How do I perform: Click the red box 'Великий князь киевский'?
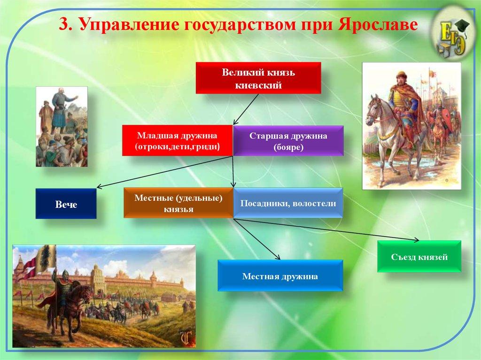point(258,78)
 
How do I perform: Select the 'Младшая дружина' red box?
point(177,140)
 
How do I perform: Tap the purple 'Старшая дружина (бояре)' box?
point(288,141)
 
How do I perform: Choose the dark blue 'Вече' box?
point(66,204)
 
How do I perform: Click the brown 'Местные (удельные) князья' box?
point(178,203)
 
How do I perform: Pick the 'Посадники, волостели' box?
point(288,203)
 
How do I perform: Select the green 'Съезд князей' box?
point(419,256)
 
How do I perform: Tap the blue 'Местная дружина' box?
point(280,276)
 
